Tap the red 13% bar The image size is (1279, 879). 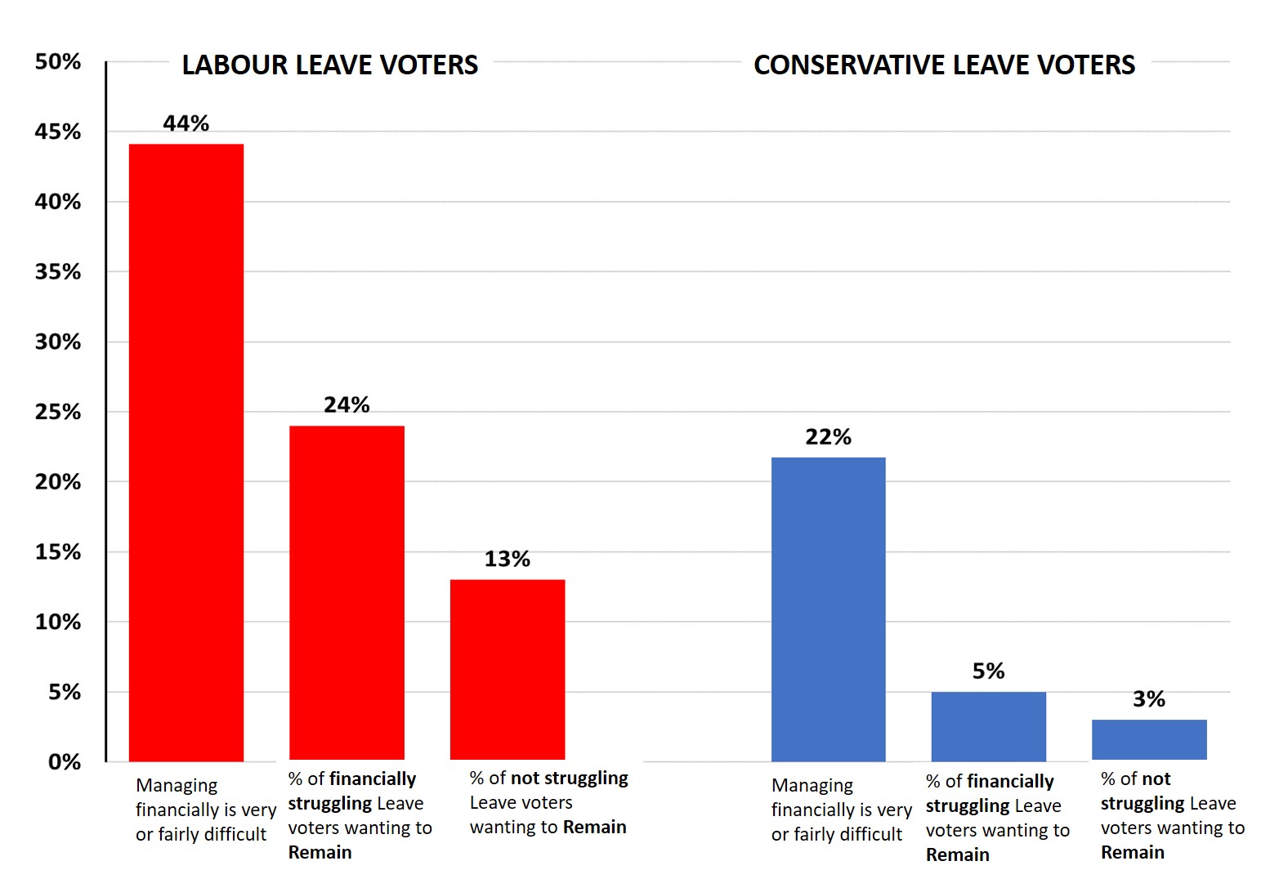508,669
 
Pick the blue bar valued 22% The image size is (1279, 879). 828,609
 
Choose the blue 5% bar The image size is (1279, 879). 988,726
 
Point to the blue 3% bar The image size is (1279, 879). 1149,739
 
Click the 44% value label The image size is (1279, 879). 186,123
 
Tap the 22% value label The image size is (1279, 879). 828,437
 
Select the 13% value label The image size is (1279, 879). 508,559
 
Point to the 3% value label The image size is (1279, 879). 1149,699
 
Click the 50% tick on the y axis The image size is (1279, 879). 58,62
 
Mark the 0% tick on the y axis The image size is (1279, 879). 65,762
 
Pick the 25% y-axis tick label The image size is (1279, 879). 58,412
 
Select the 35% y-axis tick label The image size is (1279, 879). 58,272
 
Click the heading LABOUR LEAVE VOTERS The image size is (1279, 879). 330,65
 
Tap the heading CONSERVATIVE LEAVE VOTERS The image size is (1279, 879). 944,65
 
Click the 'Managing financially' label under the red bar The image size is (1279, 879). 205,810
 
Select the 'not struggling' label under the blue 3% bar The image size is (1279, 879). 1172,815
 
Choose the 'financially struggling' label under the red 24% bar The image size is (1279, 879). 360,815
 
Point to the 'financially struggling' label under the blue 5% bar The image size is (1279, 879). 997,818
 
